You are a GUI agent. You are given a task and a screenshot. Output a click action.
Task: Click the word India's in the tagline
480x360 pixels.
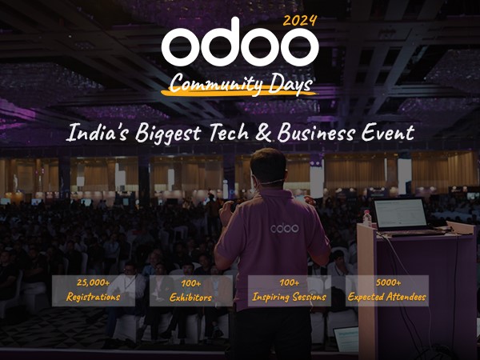coord(97,132)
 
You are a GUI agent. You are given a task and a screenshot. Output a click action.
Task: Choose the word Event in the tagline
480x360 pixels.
coord(386,132)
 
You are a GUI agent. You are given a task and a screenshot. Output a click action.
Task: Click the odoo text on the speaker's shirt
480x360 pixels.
coord(284,228)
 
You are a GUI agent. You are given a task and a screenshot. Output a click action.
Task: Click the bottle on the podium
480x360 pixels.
coord(367,217)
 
